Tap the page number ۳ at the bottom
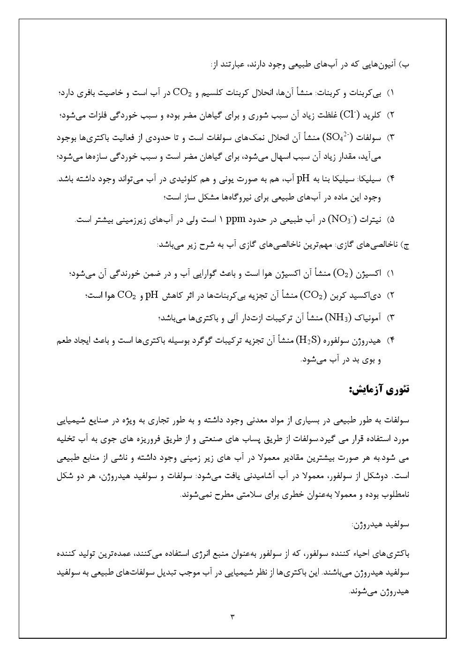click(232, 616)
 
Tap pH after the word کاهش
click(152, 295)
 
